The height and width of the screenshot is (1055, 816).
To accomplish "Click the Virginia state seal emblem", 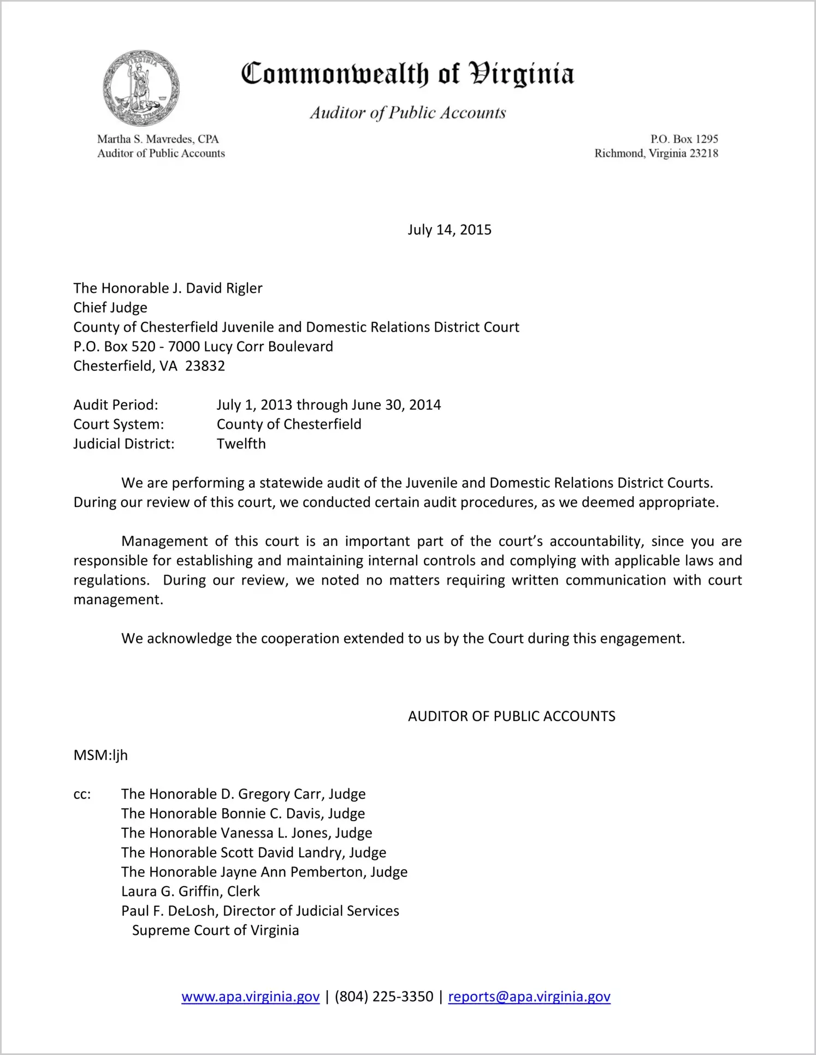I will pos(141,88).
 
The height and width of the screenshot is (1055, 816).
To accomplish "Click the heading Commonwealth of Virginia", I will pos(407,74).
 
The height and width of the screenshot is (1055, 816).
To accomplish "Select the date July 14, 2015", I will pos(449,229).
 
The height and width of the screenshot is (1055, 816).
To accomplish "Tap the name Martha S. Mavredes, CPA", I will pos(158,139).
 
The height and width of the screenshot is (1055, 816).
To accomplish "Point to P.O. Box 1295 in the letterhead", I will pos(684,139).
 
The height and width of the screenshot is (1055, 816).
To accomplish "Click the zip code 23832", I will pos(205,366).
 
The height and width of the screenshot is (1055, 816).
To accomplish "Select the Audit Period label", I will pos(116,405).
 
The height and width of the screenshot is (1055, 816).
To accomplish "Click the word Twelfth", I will pos(241,444).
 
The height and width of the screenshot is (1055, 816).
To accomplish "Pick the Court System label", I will pos(119,425).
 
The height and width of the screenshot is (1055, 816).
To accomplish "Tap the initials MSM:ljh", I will pos(100,755).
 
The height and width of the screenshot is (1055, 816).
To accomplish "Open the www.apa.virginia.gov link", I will pos(250,997).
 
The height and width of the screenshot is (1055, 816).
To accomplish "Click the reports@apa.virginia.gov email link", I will pos(529,997).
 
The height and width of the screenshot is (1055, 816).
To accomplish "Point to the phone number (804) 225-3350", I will pos(383,997).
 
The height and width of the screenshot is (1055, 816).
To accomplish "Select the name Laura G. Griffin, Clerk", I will pos(190,891).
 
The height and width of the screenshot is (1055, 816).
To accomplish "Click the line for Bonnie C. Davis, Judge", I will pos(243,814).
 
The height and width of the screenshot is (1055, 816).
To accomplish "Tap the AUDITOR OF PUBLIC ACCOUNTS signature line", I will pos(511,716).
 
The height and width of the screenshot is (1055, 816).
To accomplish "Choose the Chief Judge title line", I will pos(110,308).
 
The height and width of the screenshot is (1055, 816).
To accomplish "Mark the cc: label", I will pos(82,794).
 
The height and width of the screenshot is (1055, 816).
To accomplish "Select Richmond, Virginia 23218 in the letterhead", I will pos(656,154).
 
